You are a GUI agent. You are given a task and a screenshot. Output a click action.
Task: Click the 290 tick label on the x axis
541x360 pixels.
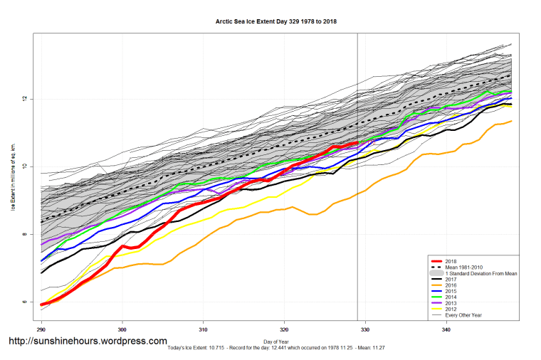[41, 329]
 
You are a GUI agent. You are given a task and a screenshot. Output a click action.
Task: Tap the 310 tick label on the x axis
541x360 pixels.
[204, 329]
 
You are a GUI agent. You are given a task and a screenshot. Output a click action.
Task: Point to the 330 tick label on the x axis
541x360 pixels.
[365, 329]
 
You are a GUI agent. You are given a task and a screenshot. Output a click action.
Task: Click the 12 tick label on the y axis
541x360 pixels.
[24, 99]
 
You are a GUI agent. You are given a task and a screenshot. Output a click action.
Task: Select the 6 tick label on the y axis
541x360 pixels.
[24, 302]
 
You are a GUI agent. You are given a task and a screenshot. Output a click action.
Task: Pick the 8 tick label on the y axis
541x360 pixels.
[24, 235]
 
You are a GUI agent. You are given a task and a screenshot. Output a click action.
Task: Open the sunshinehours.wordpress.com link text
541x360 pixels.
[87, 342]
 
